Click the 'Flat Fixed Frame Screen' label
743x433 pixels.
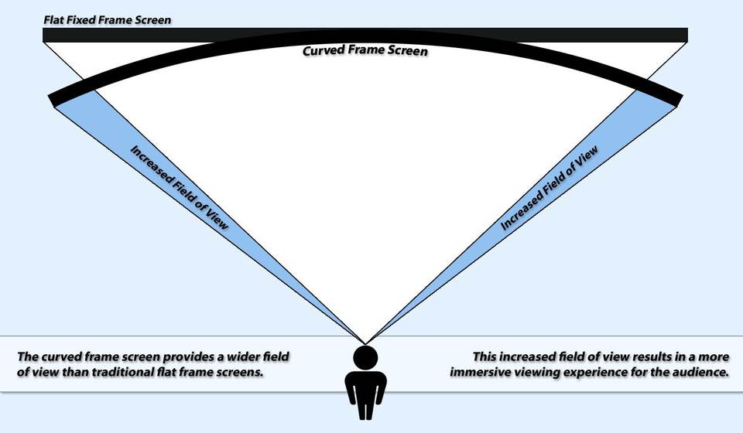107,20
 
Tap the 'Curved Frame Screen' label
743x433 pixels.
365,50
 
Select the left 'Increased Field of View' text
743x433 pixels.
179,187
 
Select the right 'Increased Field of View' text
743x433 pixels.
550,187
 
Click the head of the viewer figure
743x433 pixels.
365,356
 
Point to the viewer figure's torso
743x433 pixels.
365,386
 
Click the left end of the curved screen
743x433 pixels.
53,101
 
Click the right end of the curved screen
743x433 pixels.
678,101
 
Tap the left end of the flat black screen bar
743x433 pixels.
43,35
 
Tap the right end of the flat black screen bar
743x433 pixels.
687,35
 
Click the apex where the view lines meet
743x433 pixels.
365,344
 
